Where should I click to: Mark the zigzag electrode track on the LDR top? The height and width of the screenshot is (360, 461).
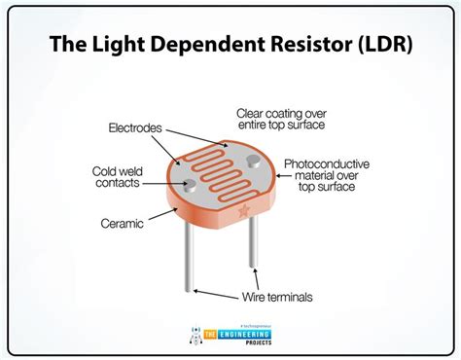(x=219, y=165)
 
